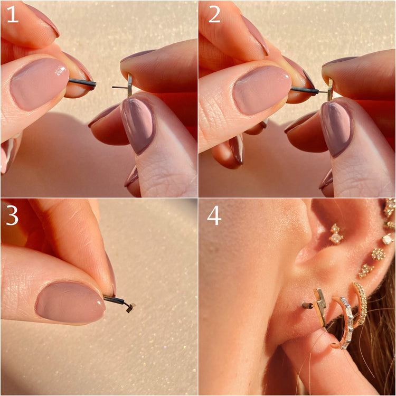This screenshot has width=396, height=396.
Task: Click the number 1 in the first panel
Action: point(12,14)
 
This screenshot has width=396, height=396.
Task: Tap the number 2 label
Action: point(214,14)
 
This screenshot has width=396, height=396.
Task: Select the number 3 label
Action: point(12,216)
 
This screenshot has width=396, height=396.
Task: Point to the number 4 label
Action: point(214,216)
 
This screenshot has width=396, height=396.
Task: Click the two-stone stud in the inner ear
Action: point(336,233)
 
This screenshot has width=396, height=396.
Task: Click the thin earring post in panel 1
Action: point(120,87)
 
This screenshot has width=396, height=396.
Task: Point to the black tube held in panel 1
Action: point(82,82)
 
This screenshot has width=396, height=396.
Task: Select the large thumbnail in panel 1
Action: point(39,84)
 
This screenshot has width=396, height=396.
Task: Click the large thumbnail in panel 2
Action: point(261,90)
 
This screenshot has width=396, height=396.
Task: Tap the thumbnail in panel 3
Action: point(70,303)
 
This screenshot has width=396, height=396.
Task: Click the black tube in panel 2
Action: point(305,90)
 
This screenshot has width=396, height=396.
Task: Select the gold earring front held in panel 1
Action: point(130,85)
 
